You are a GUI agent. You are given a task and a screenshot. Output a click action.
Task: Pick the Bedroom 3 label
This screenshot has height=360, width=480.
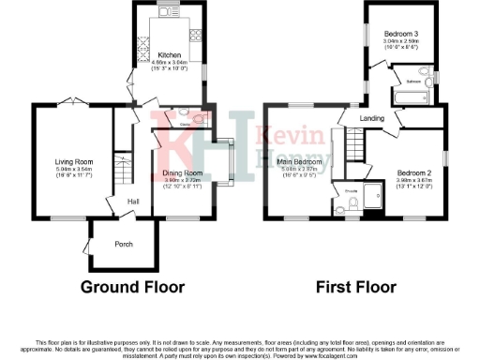click(400, 35)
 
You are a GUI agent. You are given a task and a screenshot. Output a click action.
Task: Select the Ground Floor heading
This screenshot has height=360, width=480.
click(132, 286)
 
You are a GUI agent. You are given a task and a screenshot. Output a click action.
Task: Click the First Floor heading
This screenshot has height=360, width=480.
click(359, 286)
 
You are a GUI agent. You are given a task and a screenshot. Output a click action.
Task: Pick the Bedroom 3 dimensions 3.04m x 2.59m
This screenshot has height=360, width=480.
click(400, 42)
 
